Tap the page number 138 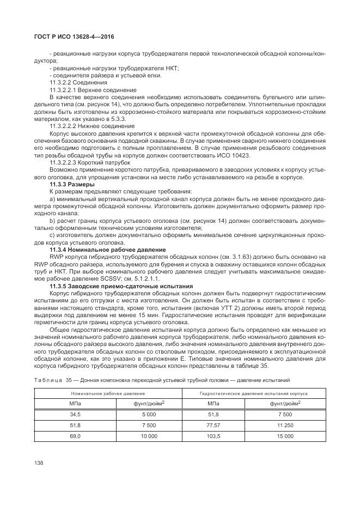coord(39,463)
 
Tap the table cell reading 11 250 coord(284,425)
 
